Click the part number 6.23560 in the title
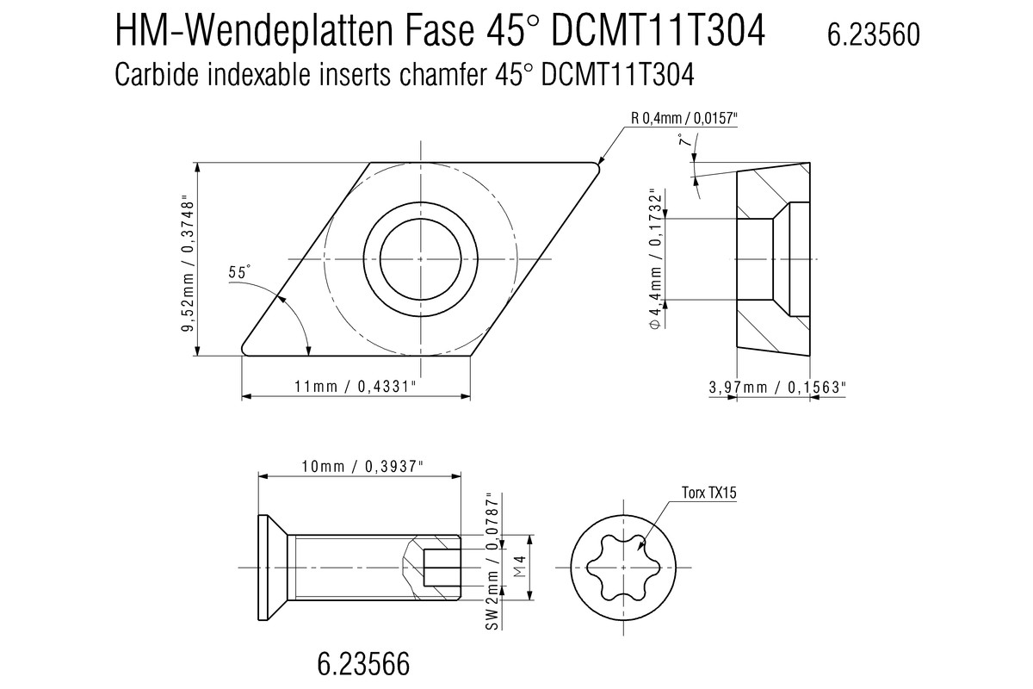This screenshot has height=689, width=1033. pos(874,34)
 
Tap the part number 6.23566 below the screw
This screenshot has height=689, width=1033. pos(363,664)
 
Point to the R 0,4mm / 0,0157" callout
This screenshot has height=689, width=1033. pos(684,119)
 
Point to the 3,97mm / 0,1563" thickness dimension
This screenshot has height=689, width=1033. pos(777,388)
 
